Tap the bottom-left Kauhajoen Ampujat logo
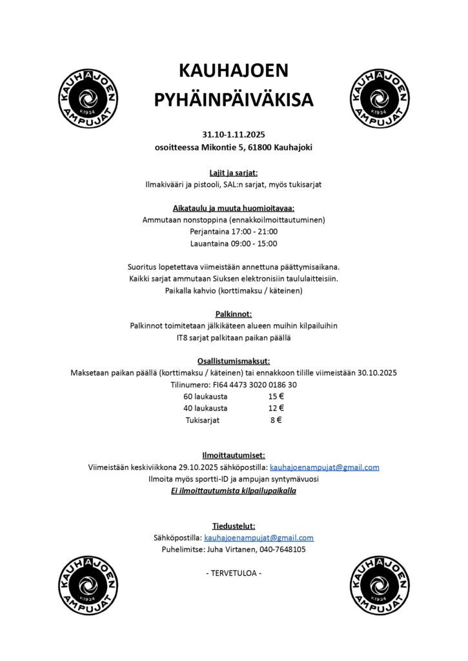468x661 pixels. click(x=88, y=586)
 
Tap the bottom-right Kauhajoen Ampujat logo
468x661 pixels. click(x=380, y=586)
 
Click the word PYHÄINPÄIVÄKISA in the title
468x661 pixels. click(x=234, y=100)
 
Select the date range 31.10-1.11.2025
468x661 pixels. click(x=234, y=135)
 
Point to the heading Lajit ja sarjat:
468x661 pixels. click(x=234, y=172)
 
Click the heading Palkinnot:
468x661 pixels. click(x=234, y=314)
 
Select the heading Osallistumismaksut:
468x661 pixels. click(x=234, y=361)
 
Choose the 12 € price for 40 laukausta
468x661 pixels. click(x=276, y=408)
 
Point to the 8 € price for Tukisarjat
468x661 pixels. click(x=276, y=420)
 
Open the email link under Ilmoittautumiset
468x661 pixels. click(x=324, y=467)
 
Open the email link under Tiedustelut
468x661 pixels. click(x=259, y=538)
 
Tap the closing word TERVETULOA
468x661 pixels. click(x=234, y=573)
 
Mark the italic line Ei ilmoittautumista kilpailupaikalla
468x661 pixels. click(x=234, y=491)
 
